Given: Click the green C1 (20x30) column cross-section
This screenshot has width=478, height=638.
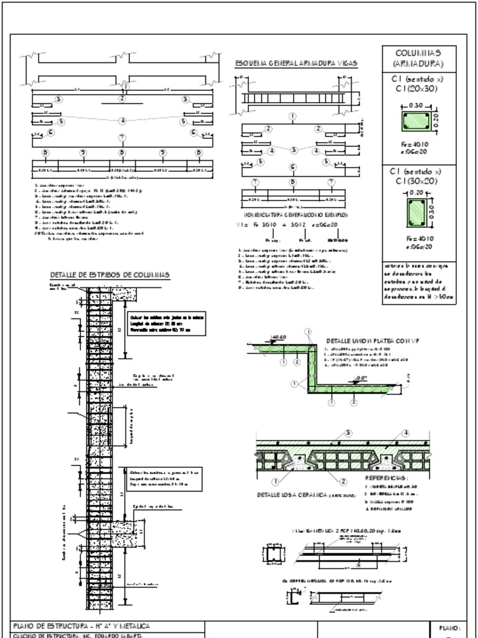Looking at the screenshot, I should (416, 120).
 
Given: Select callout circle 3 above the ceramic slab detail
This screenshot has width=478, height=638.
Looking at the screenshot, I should (348, 433).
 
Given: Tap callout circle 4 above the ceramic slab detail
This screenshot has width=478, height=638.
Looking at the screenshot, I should (405, 433).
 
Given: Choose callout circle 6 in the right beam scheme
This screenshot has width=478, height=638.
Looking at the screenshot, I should (292, 167).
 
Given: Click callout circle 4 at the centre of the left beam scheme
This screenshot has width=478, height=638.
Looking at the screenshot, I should (122, 120).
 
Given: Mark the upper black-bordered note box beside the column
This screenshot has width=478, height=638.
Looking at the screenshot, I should (164, 321).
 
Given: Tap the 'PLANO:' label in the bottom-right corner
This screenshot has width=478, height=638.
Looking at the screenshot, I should (448, 629).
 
